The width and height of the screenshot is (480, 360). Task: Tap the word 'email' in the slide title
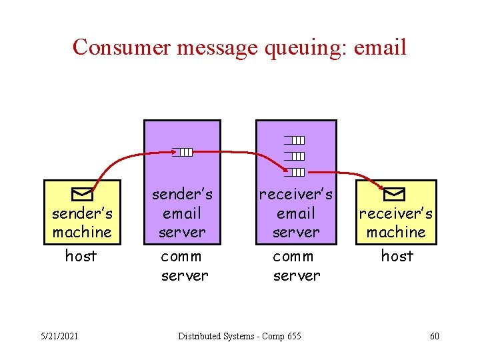coord(381,47)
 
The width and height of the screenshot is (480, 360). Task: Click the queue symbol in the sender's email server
coord(183,152)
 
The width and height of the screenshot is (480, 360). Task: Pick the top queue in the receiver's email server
coord(295,140)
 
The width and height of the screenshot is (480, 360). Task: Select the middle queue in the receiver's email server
coord(295,156)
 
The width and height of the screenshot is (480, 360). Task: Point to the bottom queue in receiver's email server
coord(295,172)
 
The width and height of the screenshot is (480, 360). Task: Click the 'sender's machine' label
coord(82,223)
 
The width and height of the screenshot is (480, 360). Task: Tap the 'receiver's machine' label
coord(396,223)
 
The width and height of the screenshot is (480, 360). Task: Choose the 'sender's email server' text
coord(182,213)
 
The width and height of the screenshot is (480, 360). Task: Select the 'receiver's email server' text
coord(295,213)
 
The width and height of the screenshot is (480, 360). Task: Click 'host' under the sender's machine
coord(81,256)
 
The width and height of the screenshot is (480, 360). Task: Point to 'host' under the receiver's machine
coord(397,256)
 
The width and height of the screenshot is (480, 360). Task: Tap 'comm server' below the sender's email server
coord(183,265)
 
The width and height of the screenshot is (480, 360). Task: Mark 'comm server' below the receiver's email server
coord(295,265)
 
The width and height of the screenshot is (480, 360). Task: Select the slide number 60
coord(435,336)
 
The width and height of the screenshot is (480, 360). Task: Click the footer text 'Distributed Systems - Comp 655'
coord(239,336)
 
